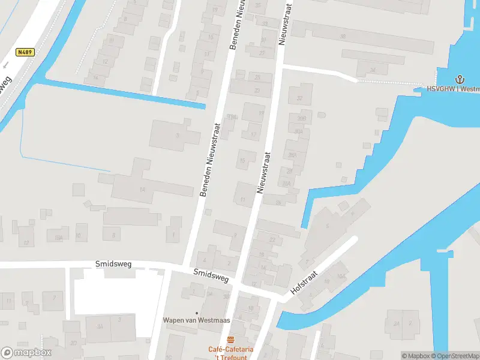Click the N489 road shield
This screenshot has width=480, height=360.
tap(25, 53)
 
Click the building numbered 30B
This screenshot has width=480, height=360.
tap(301, 118)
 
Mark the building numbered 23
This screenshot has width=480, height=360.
tap(257, 90)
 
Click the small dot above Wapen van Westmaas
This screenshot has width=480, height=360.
tap(197, 312)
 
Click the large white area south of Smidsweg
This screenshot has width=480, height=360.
tap(114, 295)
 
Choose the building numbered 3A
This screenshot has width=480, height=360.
tap(101, 327)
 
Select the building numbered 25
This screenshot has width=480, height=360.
tap(258, 77)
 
